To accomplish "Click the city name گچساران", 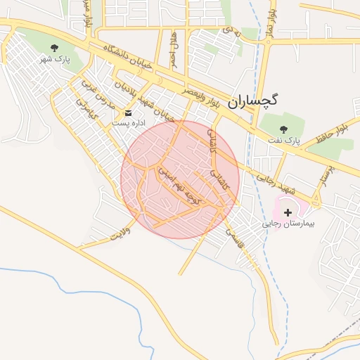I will tap(252, 100).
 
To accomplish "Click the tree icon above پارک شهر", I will tap(54, 47).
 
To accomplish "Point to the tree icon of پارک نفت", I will tap(284, 129).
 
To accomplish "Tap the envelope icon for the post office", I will tap(128, 112).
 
